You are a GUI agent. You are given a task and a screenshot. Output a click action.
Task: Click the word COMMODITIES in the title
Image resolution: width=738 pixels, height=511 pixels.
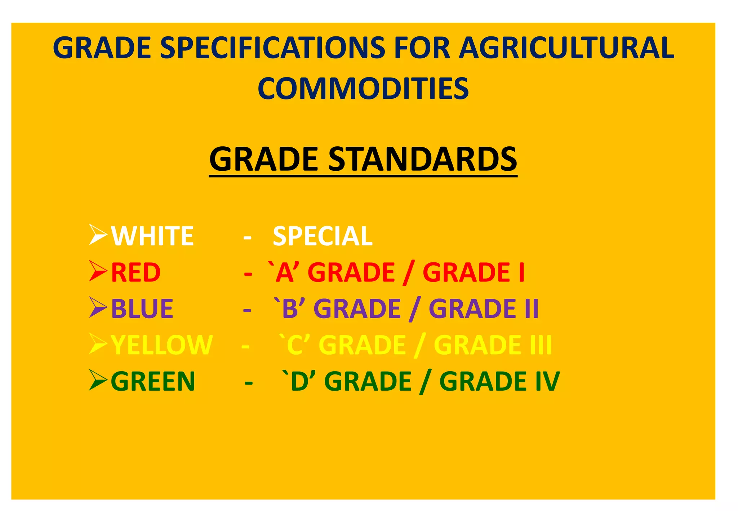coord(363,89)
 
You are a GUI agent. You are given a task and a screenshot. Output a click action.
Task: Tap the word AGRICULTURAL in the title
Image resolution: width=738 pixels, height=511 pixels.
coord(566,48)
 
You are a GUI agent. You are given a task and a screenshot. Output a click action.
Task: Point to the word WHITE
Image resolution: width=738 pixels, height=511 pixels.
coord(152,236)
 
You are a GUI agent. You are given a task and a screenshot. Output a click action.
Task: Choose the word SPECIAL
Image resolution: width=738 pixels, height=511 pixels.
coord(323,236)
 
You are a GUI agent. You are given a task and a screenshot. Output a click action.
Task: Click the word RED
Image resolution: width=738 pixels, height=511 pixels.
coord(136,272)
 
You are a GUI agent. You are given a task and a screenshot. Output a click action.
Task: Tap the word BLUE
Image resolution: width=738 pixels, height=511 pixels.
coord(142,309)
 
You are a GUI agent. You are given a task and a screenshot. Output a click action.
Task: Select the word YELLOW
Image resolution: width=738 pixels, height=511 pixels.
coord(162,345)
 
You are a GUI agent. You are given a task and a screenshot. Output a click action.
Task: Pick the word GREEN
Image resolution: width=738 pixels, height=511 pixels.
coord(153,382)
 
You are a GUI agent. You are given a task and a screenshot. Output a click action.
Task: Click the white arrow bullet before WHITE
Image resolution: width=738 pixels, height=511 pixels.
coord(98,235)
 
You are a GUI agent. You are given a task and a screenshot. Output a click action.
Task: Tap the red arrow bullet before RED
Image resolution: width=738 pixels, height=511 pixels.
coord(98,271)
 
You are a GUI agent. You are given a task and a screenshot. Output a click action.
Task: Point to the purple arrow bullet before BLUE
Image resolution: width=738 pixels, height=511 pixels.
coord(98,307)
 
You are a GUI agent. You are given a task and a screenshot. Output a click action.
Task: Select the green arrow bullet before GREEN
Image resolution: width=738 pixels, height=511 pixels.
coord(98,380)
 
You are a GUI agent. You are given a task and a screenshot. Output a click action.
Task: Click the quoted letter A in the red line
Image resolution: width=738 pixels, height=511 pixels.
coord(285,272)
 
